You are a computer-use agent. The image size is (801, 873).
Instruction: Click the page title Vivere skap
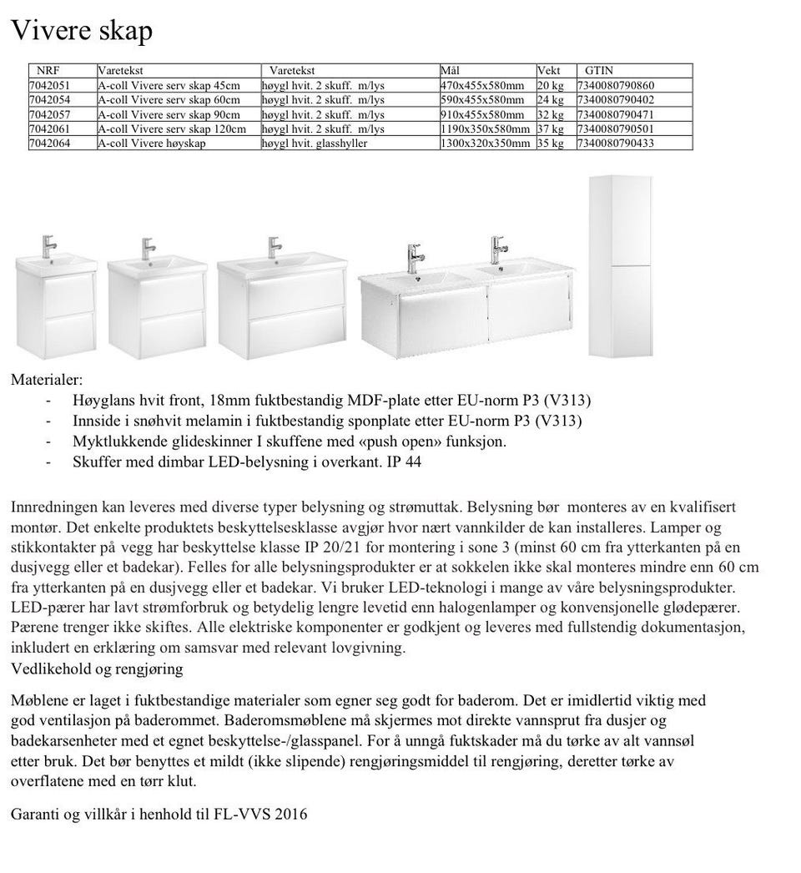[x=81, y=31]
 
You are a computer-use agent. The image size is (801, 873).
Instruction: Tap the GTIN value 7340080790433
[x=615, y=144]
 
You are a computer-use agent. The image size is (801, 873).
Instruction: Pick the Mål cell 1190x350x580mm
[x=485, y=129]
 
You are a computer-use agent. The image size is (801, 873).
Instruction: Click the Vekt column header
[x=549, y=71]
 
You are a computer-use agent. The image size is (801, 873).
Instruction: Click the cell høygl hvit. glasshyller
[x=314, y=144]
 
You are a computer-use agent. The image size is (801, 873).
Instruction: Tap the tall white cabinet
[x=619, y=267]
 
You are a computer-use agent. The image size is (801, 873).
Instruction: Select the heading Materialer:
[x=47, y=380]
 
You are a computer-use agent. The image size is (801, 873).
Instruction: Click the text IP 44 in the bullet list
[x=404, y=462]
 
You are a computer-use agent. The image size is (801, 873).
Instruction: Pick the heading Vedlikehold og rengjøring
[x=97, y=669]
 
